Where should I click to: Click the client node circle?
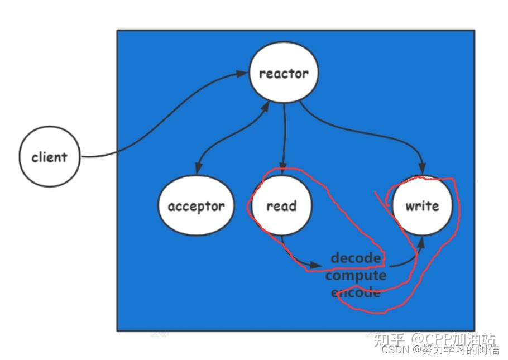(49, 157)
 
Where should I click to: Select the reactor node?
(284, 73)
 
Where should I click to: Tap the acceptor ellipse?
(196, 206)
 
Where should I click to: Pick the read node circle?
(281, 206)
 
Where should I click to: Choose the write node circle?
(421, 206)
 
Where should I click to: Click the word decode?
(356, 258)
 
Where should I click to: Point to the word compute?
(356, 275)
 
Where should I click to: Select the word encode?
(356, 292)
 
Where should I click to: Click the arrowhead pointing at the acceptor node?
(197, 170)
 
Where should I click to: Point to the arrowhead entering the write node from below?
(420, 241)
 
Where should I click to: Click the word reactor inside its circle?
(284, 73)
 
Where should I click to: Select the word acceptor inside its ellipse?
(196, 206)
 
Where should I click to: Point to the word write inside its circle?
(421, 206)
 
